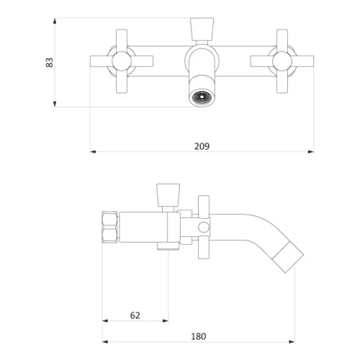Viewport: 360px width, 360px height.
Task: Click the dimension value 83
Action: [x=50, y=63]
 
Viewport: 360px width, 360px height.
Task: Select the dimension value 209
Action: [x=202, y=146]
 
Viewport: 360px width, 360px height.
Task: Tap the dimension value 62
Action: [x=135, y=315]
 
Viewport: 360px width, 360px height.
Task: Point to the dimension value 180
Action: [x=199, y=336]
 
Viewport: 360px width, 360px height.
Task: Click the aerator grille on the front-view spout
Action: [x=202, y=97]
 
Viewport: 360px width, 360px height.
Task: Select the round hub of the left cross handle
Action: [x=122, y=61]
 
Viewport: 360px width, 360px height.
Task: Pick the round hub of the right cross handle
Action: [x=282, y=61]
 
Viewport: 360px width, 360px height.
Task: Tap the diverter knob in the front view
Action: [x=202, y=29]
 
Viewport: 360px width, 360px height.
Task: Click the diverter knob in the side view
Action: [x=168, y=195]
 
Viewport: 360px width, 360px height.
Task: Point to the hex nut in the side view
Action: [x=109, y=227]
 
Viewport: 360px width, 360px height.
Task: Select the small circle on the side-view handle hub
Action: [x=204, y=227]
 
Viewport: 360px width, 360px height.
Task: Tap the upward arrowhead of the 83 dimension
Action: [x=55, y=21]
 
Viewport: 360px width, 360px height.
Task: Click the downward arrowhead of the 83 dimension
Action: [x=55, y=104]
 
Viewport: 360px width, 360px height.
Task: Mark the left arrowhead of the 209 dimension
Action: [x=93, y=152]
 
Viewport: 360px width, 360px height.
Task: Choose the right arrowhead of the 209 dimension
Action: [x=311, y=152]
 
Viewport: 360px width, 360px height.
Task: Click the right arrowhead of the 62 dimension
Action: [x=166, y=320]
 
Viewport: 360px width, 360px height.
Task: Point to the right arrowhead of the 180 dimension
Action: [x=292, y=342]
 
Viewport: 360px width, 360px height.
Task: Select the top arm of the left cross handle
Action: [x=122, y=40]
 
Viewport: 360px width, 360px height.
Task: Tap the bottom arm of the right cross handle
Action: [x=282, y=82]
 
